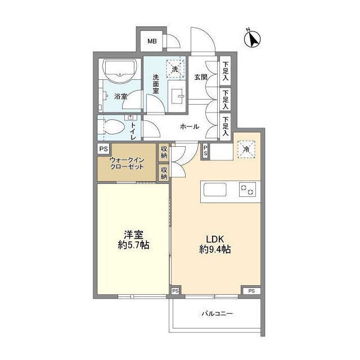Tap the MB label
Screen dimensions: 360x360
click(152, 41)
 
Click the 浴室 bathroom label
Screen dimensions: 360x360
click(121, 96)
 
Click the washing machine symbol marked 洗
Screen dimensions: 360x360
click(175, 69)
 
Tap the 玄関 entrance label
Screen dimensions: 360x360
click(201, 77)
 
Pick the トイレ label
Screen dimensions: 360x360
click(133, 130)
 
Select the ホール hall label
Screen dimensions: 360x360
click(189, 127)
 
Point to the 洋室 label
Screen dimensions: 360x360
click(133, 235)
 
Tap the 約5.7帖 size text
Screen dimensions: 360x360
click(133, 246)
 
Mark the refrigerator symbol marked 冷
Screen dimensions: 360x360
click(246, 149)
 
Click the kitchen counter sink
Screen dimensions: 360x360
click(214, 190)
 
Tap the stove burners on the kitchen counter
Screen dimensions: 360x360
click(246, 190)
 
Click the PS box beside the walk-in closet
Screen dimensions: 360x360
click(103, 149)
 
